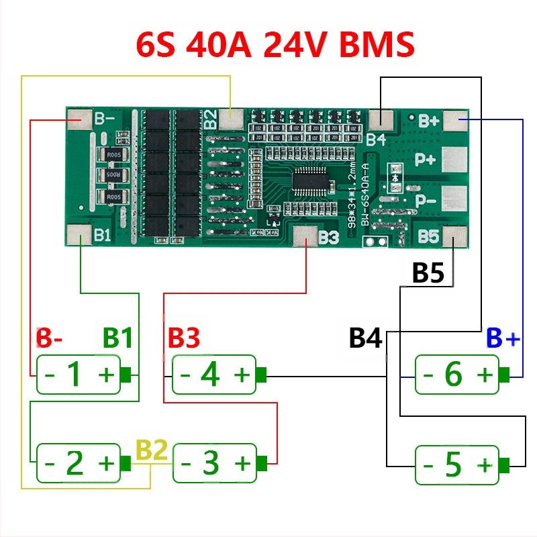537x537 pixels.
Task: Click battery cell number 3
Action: (x=215, y=462)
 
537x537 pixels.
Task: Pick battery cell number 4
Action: (x=215, y=375)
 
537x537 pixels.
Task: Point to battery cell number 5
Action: (x=457, y=465)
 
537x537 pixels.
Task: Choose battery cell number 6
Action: (x=457, y=375)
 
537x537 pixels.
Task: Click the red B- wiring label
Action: (x=49, y=338)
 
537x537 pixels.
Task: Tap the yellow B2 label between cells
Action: (x=152, y=450)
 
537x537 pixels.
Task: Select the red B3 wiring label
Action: (x=184, y=338)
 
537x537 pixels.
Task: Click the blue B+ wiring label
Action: (x=503, y=338)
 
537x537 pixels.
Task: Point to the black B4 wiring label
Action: (x=365, y=338)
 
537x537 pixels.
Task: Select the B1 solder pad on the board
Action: (x=80, y=235)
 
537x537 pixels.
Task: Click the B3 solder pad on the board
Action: (x=305, y=236)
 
